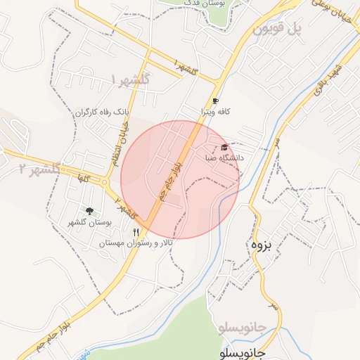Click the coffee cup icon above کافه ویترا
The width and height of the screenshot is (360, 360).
click(x=215, y=101)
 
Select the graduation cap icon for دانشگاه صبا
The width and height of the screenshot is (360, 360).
click(x=224, y=147)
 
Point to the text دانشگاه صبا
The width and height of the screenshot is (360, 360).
click(x=224, y=158)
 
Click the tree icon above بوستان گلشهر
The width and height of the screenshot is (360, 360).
click(x=89, y=210)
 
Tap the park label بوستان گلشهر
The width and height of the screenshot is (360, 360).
click(x=89, y=222)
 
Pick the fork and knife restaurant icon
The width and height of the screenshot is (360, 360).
click(x=136, y=231)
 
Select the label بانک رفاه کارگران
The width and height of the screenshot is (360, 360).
click(x=103, y=112)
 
